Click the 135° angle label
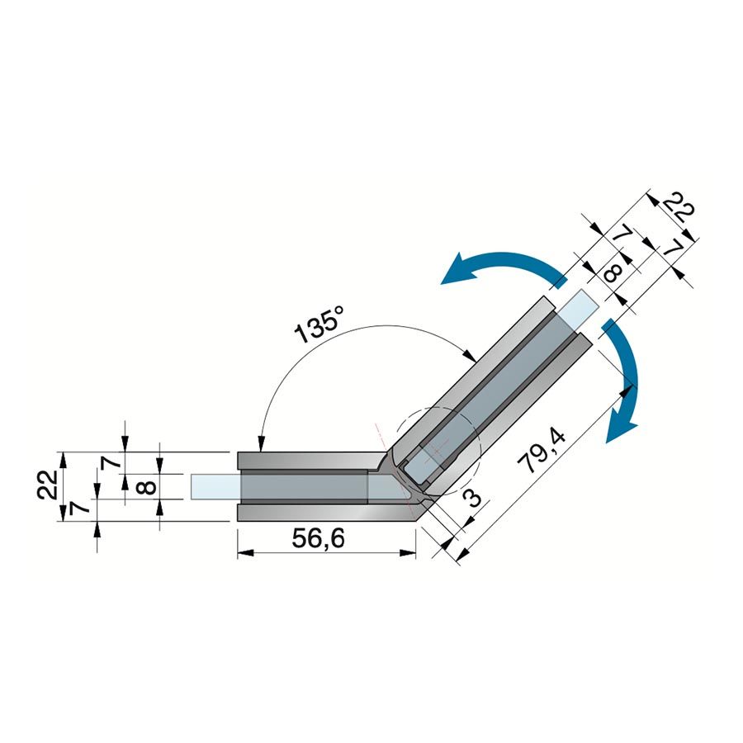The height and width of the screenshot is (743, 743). (x=319, y=324)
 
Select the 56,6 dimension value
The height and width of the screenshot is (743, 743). (x=319, y=539)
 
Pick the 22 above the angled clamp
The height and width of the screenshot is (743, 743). (x=678, y=208)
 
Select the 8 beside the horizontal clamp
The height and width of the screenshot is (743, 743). (x=149, y=486)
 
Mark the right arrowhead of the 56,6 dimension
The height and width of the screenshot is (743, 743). (x=409, y=552)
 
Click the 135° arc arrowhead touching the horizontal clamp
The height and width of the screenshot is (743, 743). (x=260, y=443)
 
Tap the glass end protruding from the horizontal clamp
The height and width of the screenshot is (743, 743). (x=215, y=486)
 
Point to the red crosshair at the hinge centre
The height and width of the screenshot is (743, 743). (x=432, y=456)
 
